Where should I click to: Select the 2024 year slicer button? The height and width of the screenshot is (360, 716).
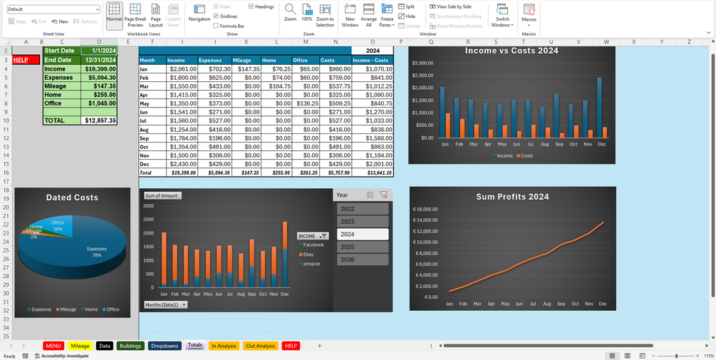coord(363,234)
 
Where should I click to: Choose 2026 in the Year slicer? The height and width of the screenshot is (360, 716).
coord(363,259)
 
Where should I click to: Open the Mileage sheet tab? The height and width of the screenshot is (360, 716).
coord(81,346)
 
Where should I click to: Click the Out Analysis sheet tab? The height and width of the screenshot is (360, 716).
coord(260,346)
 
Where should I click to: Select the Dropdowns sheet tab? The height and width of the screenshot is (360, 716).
coord(165,346)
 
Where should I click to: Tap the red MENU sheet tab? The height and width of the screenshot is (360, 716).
coord(53,346)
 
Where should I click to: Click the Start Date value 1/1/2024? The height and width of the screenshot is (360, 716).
coord(98,51)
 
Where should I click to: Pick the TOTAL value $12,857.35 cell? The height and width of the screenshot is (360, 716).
coord(98,120)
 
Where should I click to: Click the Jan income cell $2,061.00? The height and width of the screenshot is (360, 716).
coord(181,69)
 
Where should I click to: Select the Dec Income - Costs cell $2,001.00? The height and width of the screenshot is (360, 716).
coord(371,164)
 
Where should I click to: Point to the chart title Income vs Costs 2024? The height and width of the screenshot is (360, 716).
coord(511,51)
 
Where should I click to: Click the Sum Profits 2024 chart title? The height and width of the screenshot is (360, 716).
coord(512,197)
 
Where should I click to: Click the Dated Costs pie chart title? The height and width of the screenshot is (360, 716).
coord(72,197)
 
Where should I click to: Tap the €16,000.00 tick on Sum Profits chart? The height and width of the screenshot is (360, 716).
coord(425,210)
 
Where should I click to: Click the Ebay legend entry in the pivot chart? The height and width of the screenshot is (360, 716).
coord(308,254)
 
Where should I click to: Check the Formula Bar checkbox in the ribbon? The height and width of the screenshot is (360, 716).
coord(216,26)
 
